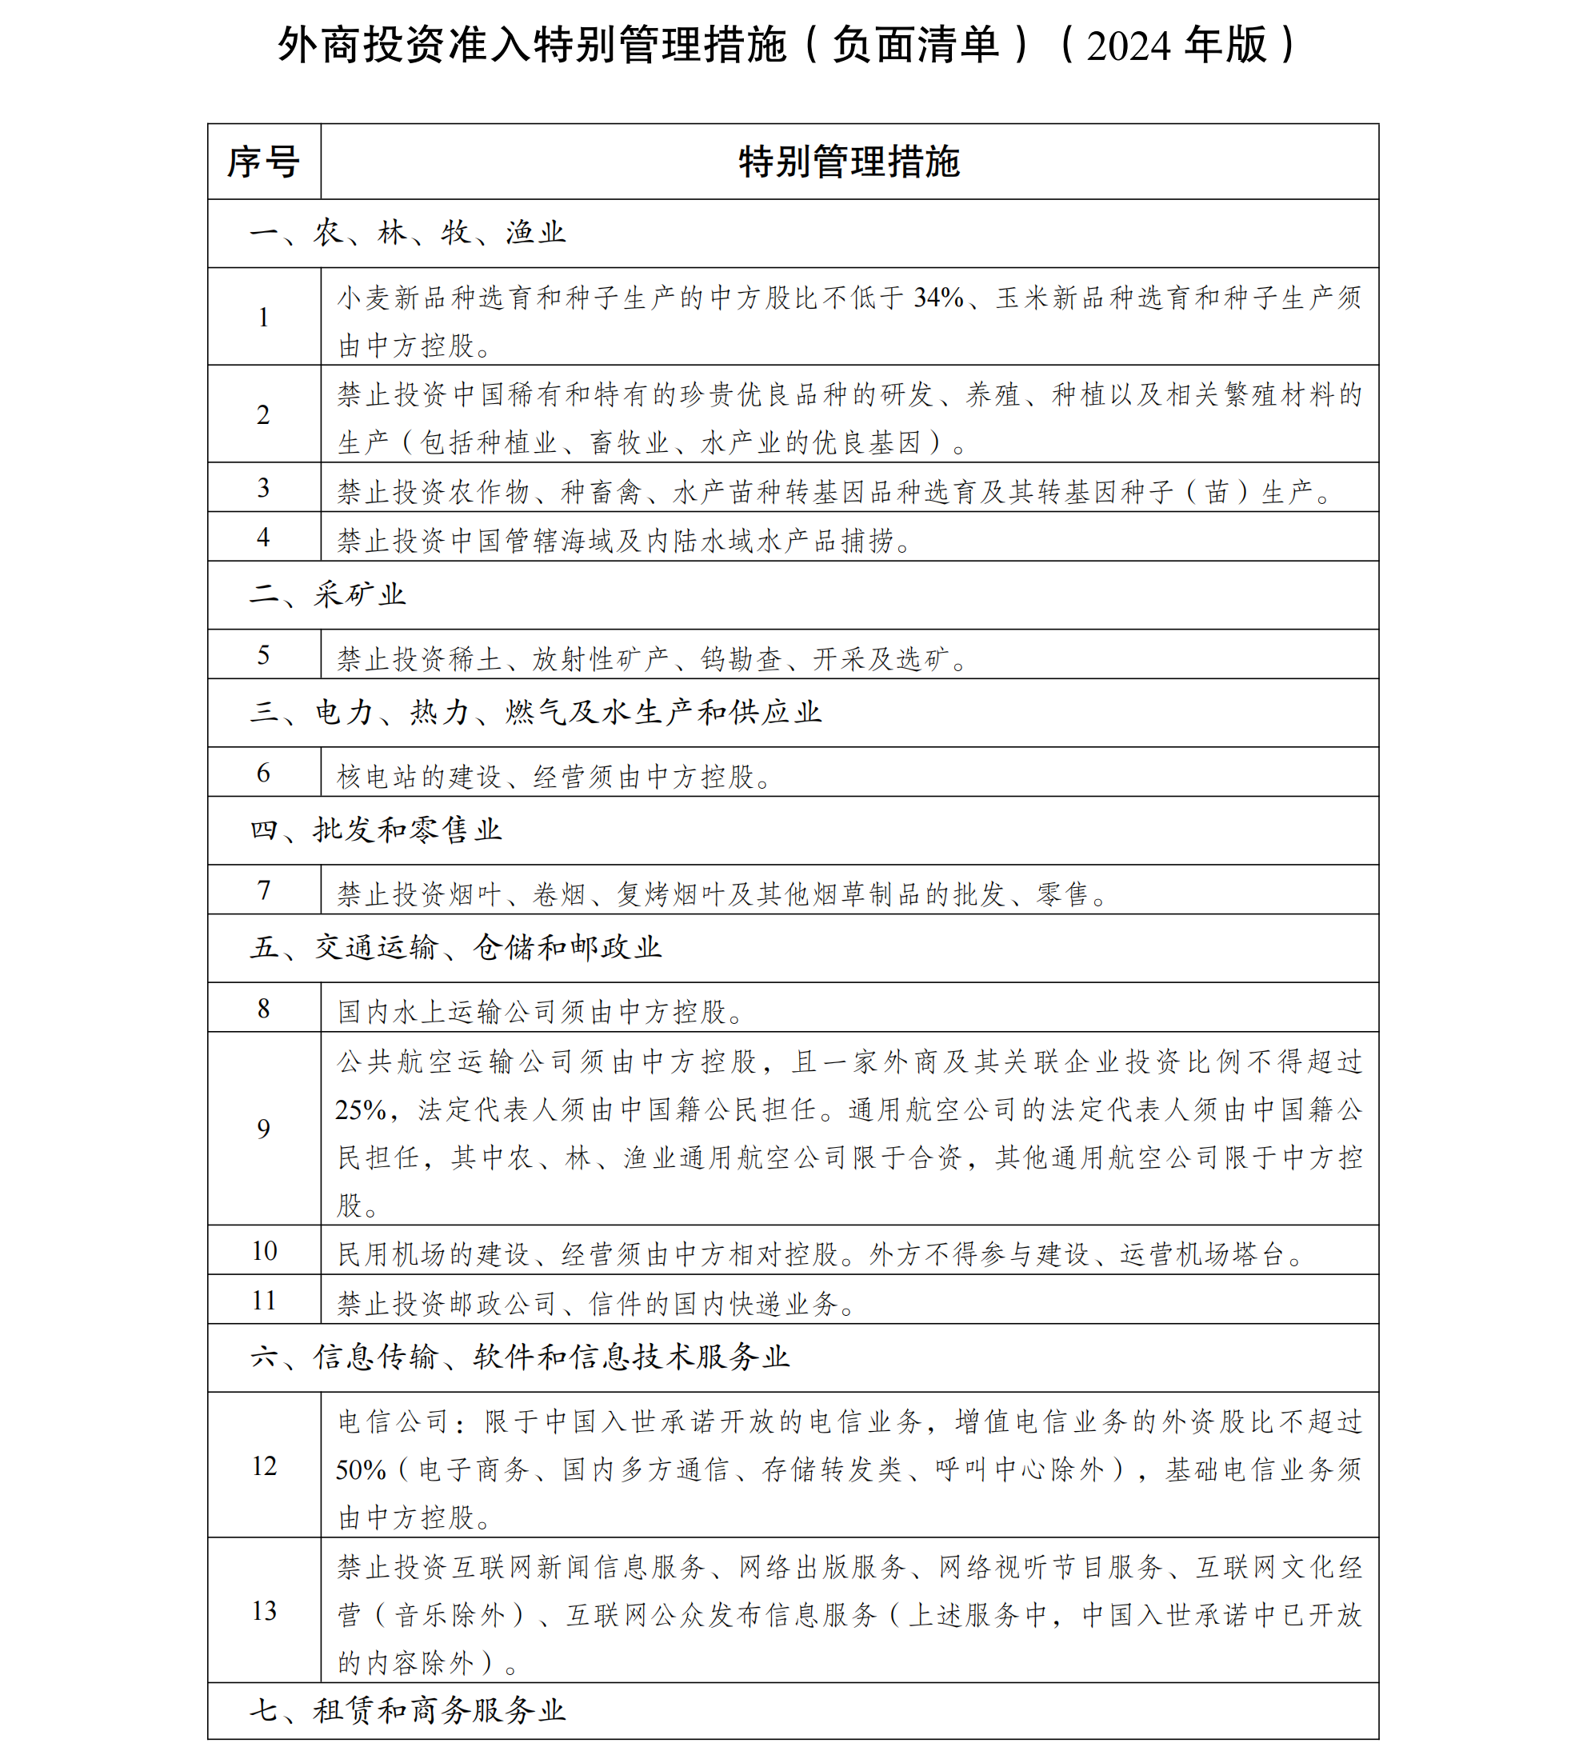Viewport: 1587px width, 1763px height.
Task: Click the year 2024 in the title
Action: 1129,46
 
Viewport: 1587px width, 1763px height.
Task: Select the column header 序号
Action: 263,162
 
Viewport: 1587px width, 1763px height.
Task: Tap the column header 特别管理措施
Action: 849,162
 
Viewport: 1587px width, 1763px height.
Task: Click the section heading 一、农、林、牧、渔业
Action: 407,233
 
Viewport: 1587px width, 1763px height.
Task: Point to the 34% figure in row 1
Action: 937,298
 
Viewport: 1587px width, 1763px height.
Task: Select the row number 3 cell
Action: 263,488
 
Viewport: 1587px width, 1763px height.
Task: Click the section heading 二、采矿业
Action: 327,594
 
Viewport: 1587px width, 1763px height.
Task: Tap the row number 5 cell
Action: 263,655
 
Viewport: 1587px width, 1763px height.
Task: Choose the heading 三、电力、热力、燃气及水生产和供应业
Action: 535,713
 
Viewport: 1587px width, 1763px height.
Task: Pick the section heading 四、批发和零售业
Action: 376,830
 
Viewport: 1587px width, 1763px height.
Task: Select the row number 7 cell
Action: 263,890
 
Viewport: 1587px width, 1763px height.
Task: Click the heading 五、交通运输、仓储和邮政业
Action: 455,947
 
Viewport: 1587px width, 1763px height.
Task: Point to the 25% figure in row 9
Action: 360,1110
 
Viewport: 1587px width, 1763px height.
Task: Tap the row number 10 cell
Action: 263,1251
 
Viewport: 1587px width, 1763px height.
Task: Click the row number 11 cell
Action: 263,1300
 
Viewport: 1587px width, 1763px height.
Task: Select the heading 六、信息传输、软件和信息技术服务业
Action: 520,1357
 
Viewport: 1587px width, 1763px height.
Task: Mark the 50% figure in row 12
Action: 360,1470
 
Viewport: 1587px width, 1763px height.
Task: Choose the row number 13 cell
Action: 263,1610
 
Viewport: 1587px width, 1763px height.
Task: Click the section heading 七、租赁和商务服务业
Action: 407,1710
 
